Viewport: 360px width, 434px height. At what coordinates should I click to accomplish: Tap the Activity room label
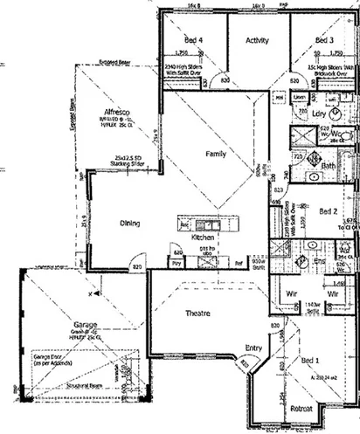click(x=257, y=40)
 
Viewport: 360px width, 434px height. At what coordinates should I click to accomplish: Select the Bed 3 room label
click(x=324, y=40)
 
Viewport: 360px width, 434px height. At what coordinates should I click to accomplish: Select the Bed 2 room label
click(x=329, y=210)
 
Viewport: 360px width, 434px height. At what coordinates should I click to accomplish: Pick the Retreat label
click(x=303, y=408)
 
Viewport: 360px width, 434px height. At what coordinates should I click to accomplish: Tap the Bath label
click(x=329, y=165)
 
